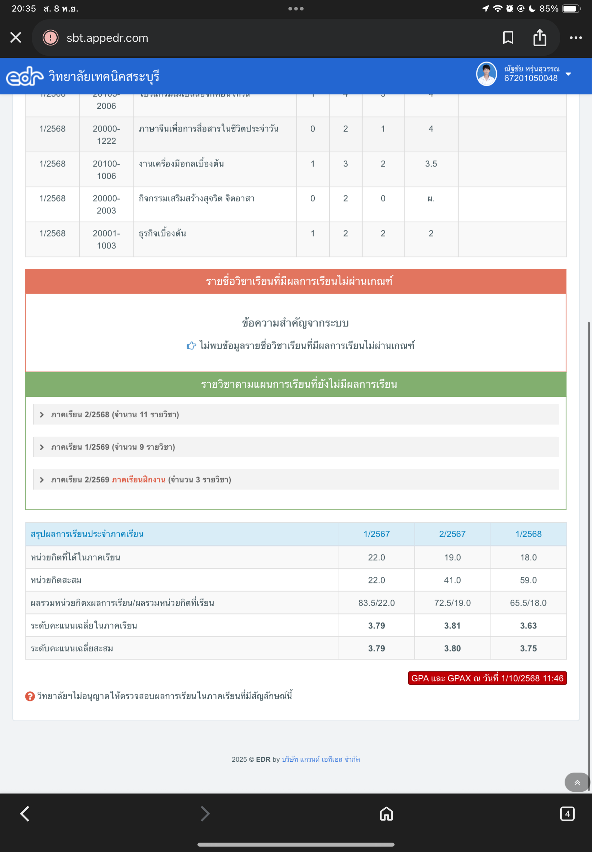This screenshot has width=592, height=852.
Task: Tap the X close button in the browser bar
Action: pos(16,38)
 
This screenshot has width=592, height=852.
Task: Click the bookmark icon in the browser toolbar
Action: pos(508,38)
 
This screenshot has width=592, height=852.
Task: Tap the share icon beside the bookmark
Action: pos(539,38)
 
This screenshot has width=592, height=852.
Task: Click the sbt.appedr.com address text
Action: pos(107,38)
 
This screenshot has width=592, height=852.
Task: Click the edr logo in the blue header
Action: pos(25,77)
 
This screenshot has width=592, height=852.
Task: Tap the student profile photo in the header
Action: pos(486,74)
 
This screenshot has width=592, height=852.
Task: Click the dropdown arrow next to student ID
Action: pos(568,74)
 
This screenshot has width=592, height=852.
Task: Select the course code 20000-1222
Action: pos(106,135)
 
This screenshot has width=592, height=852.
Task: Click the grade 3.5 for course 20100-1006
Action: pos(431,164)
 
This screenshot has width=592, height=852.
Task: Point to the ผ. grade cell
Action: pos(431,199)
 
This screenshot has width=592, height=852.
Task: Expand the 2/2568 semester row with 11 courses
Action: pos(115,414)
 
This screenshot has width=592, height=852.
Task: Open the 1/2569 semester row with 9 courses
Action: pos(113,447)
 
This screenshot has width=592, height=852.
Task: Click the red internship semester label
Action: pos(138,479)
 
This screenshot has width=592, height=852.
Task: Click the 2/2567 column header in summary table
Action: pos(452,534)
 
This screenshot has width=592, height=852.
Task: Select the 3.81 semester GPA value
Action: pos(452,625)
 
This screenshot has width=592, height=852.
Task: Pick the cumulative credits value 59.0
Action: pos(528,580)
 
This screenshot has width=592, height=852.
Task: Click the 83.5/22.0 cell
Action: pos(376,603)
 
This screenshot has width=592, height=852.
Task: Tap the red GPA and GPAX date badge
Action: pos(487,678)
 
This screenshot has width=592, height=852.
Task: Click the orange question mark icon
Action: pos(30,696)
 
